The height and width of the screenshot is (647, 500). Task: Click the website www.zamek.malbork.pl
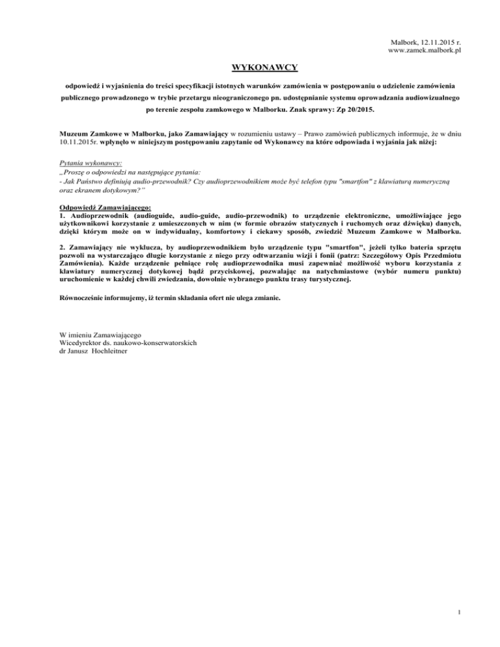click(x=424, y=50)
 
